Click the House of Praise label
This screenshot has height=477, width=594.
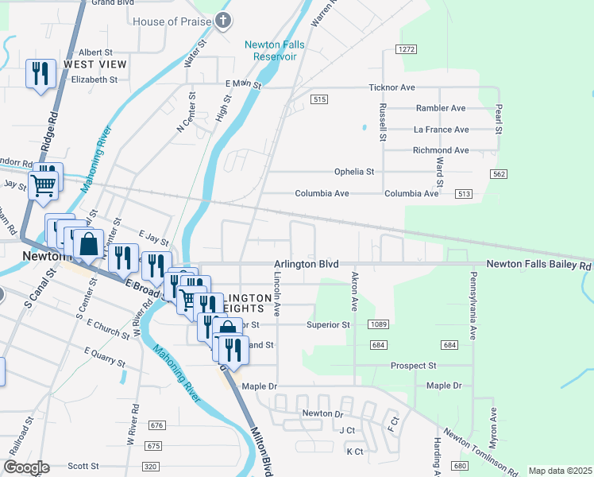(x=172, y=21)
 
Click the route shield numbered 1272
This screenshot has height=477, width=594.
(x=407, y=49)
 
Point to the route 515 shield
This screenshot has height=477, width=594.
(x=319, y=99)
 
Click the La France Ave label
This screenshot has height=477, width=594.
(x=441, y=130)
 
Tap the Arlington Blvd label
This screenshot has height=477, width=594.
(x=307, y=264)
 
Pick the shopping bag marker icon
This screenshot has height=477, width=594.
(x=89, y=243)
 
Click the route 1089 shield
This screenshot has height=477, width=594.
(x=378, y=324)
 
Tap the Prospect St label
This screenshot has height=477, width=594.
(x=414, y=366)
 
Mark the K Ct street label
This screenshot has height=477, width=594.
(x=354, y=452)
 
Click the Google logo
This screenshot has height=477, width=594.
(x=26, y=468)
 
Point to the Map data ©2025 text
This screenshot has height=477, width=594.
(x=560, y=471)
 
